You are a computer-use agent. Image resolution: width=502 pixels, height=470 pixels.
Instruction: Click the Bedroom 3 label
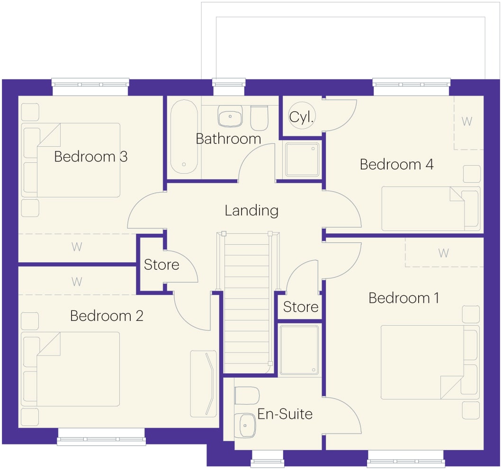coord(91,157)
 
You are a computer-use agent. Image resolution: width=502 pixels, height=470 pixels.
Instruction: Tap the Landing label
coord(251,211)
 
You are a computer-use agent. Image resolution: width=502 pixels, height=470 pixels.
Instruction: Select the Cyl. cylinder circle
coord(302,115)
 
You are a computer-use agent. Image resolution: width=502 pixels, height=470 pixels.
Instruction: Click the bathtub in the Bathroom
coord(184,137)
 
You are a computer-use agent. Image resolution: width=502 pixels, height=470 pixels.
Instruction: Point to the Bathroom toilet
coord(259,118)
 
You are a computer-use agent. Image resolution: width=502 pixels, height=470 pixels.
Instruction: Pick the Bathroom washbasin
coord(230,116)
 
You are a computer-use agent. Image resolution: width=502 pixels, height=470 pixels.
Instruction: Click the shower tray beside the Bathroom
coord(302,160)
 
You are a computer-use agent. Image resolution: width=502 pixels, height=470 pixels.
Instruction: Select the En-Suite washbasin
coord(245,426)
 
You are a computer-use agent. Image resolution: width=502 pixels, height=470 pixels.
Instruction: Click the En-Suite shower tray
coord(299,350)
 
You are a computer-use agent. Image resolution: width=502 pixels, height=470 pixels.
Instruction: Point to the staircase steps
coord(247,302)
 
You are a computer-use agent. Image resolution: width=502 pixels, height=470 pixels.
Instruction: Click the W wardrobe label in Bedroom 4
coord(467,121)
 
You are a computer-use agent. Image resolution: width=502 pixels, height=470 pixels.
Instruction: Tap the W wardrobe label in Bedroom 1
coord(443,253)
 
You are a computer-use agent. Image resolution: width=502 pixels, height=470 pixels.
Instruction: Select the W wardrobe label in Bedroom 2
coord(77,282)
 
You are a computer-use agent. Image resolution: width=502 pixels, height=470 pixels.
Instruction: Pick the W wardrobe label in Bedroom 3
coord(77,247)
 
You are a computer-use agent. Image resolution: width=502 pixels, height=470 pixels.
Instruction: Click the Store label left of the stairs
coord(161,265)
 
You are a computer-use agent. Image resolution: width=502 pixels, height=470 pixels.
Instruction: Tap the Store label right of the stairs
coord(301,307)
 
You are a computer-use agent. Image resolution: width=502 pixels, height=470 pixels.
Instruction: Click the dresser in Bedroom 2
coord(204,384)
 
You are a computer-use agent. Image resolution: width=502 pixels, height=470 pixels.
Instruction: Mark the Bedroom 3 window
coord(90,87)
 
